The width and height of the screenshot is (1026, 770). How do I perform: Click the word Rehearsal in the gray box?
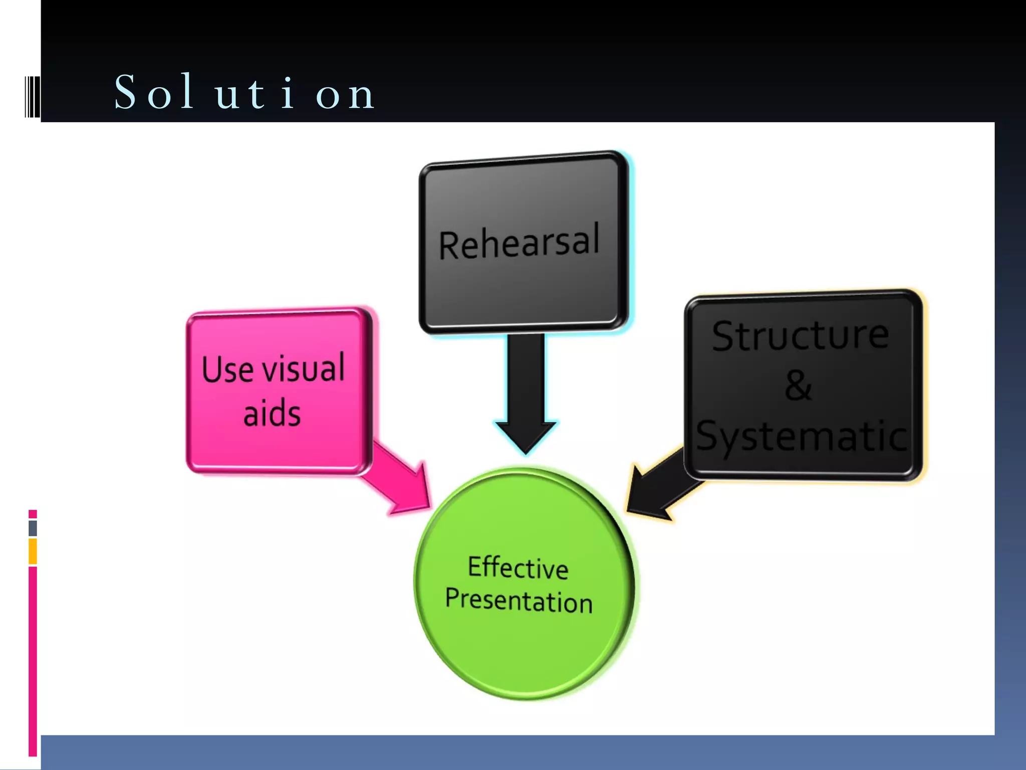[519, 243]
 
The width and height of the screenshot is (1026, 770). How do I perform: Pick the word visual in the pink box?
[304, 367]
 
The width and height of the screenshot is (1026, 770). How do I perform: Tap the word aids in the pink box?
[272, 413]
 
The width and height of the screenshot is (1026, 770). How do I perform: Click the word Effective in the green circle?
[518, 568]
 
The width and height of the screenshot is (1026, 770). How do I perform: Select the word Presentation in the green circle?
[519, 601]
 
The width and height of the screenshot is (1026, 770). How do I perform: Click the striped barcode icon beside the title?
[32, 96]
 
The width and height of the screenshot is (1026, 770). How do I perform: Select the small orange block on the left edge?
[33, 551]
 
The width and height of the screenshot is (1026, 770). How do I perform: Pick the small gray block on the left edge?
[33, 528]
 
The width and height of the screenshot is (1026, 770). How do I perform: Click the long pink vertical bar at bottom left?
[33, 661]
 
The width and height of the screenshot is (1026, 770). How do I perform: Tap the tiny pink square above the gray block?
[33, 514]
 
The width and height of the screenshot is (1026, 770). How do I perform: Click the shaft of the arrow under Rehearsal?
[526, 376]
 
